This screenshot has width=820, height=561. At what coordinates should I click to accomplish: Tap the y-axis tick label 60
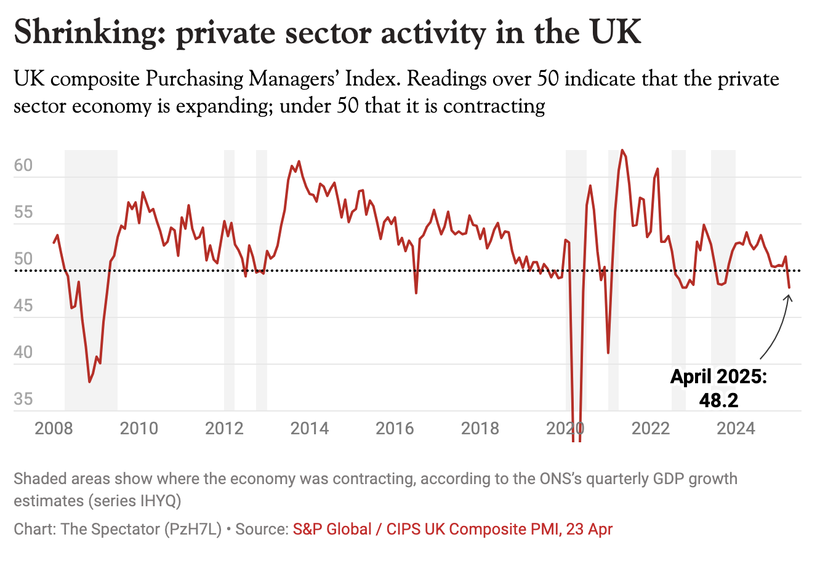[23, 166]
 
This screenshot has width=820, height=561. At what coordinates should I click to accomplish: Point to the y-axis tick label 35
[23, 399]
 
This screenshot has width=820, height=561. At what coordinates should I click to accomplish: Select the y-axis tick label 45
[23, 306]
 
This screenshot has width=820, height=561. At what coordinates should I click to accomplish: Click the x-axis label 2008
[54, 428]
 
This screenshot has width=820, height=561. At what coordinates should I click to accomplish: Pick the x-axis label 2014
[310, 428]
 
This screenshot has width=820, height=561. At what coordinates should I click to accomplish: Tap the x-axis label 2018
[480, 428]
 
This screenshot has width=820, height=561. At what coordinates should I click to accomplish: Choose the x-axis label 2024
[736, 428]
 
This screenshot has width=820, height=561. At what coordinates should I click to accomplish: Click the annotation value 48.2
[718, 400]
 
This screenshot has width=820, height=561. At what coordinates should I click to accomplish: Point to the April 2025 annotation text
[718, 376]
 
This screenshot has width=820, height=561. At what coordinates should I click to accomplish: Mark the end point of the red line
[789, 287]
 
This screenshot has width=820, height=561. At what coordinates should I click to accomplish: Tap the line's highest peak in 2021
[622, 150]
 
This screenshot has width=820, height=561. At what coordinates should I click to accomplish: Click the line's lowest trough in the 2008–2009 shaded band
[90, 382]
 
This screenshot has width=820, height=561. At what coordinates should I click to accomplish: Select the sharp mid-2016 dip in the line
[416, 293]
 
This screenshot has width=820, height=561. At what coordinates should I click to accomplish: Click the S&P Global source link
[452, 529]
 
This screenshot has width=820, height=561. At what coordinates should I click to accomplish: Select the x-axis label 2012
[224, 428]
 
